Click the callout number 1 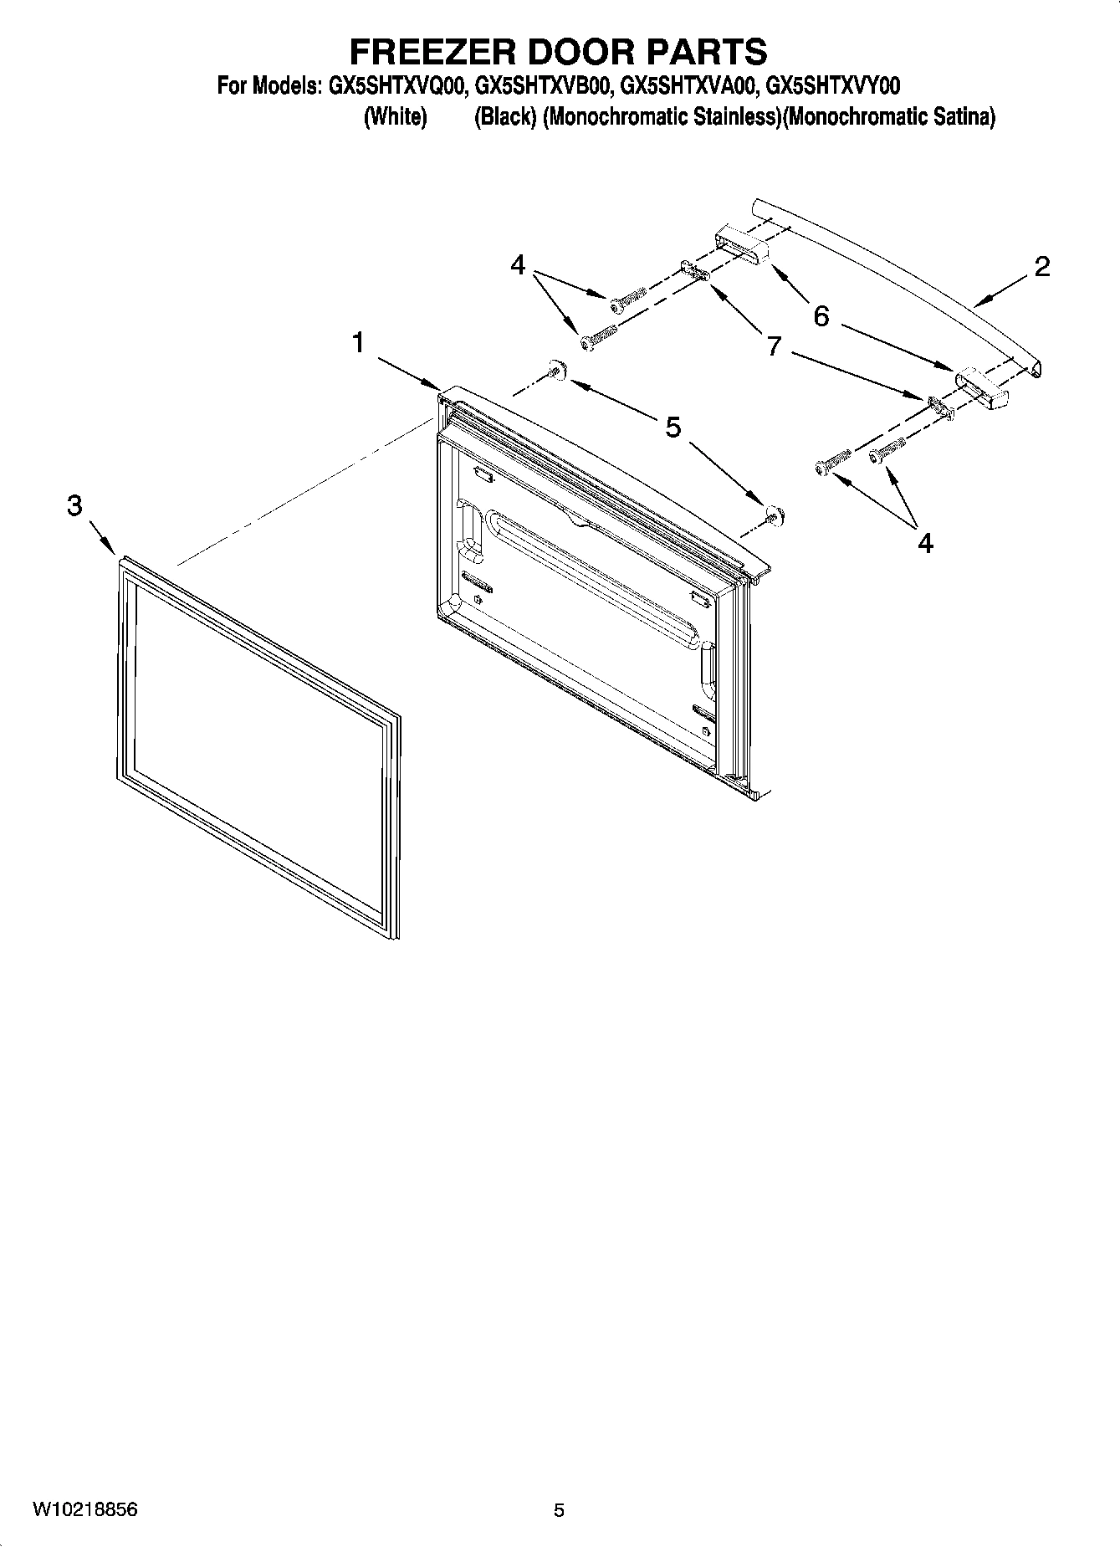coord(358,343)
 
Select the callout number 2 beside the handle coord(1041,267)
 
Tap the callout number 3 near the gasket coord(75,505)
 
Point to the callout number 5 coord(673,428)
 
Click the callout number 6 coord(821,316)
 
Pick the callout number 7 coord(774,346)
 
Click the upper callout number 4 coord(518,265)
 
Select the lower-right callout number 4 coord(925,544)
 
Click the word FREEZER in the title coord(432,52)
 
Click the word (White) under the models coord(395,117)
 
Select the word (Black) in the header coord(504,117)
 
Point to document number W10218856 coord(85,1510)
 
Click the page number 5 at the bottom coord(559,1511)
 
